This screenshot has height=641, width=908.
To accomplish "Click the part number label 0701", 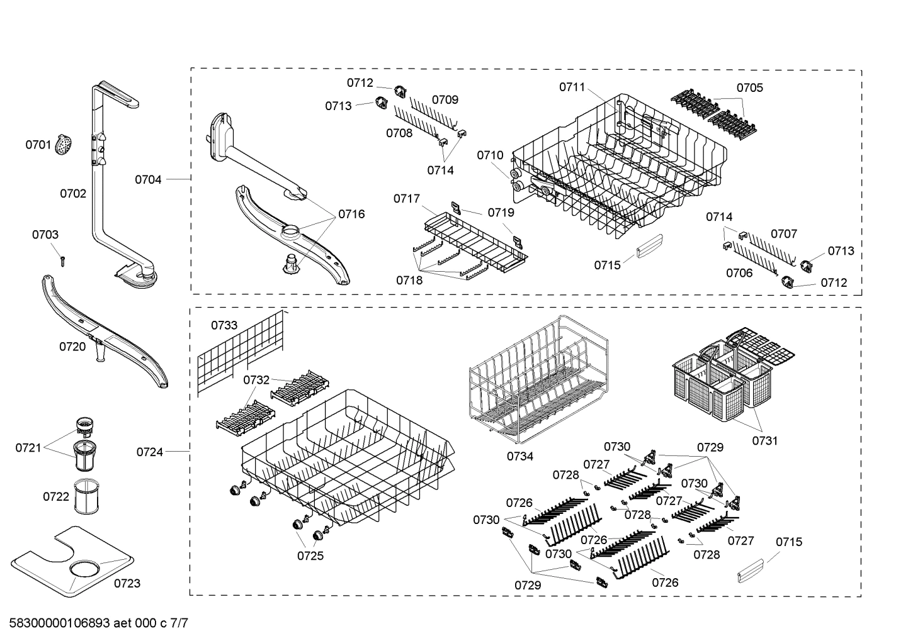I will [38, 145].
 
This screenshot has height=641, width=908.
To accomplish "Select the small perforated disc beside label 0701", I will [63, 145].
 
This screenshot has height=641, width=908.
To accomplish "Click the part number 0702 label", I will [73, 194].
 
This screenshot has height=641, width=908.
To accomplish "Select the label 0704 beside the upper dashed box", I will [148, 180].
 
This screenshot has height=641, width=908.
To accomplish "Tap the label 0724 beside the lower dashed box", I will [149, 452].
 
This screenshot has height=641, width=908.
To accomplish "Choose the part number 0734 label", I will [520, 456].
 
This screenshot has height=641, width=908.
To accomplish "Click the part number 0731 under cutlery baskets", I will [764, 440].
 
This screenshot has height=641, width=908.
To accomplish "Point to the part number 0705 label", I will [749, 87].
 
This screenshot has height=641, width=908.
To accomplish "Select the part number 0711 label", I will [572, 87].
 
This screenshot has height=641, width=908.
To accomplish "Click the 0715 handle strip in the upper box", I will [649, 246].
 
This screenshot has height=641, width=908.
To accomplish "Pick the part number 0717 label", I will [407, 199].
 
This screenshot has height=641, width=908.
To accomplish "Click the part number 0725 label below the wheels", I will [310, 555].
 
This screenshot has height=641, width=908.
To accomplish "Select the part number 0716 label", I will [351, 214].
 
